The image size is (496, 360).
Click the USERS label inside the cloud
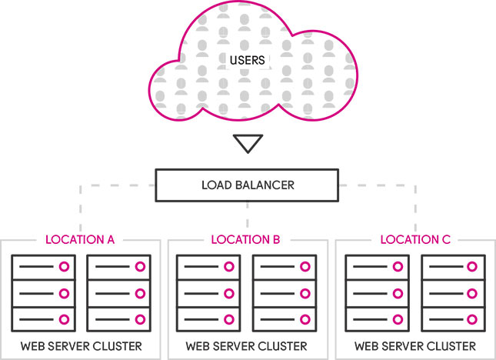tap(248, 60)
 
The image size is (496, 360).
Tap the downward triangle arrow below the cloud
tap(248, 144)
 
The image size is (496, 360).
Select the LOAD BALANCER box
tap(248, 185)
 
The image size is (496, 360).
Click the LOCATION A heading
tap(80, 240)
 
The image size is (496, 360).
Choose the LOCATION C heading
tap(415, 240)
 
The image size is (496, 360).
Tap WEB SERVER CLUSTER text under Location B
tap(247, 345)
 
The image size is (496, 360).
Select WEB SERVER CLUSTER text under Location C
tap(415, 345)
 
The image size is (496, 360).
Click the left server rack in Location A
tap(42, 292)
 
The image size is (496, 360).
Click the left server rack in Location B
tap(208, 292)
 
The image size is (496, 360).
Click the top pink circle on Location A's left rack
tap(63, 266)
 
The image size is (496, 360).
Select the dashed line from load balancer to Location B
tap(247, 215)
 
